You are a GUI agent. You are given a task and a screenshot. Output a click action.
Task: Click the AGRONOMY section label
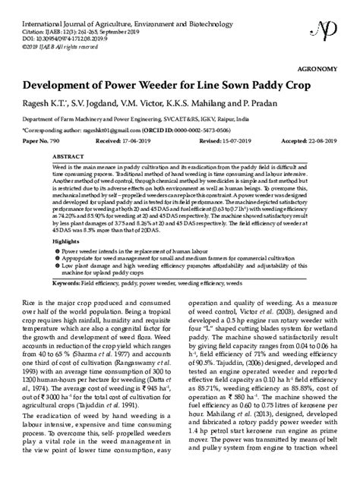click(x=330, y=67)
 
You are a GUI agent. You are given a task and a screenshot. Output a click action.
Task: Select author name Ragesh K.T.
click(x=39, y=102)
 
